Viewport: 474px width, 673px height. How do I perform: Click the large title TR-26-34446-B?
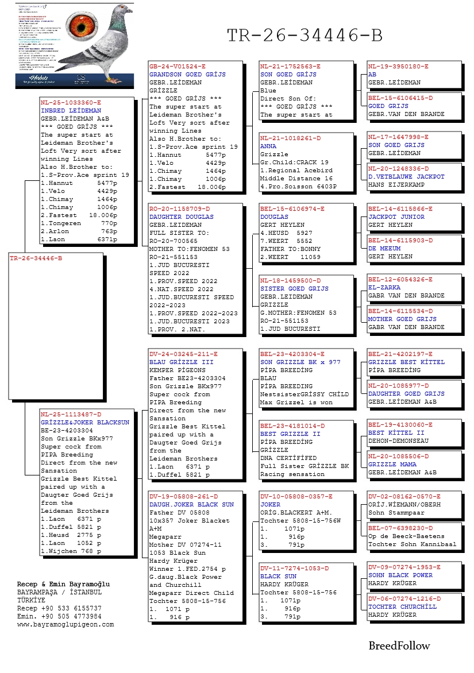coord(305,36)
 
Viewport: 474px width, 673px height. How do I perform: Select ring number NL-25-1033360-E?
coord(71,102)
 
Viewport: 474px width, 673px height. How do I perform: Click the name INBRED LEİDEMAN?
coord(71,110)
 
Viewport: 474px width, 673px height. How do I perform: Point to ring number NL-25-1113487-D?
coord(71,414)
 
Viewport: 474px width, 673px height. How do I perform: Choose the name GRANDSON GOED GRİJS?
coord(187,75)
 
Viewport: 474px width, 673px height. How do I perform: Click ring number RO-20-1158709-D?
coord(179,209)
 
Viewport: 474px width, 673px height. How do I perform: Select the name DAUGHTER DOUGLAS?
coord(181,217)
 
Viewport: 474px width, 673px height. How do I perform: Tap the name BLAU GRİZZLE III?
coord(181,362)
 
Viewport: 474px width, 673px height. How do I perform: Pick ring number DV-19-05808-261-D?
coord(183,497)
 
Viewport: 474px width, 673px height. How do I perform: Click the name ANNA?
coord(268,146)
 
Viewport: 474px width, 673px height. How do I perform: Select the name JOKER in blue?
coord(271,505)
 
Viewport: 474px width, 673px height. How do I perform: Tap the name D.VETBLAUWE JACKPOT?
coord(406,177)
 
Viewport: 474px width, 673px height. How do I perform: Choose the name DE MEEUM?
coord(384,249)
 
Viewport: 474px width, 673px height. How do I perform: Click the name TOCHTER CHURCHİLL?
coord(402,606)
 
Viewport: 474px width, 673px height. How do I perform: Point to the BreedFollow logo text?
coord(399,646)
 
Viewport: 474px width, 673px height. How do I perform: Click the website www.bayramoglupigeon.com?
coord(65,624)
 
